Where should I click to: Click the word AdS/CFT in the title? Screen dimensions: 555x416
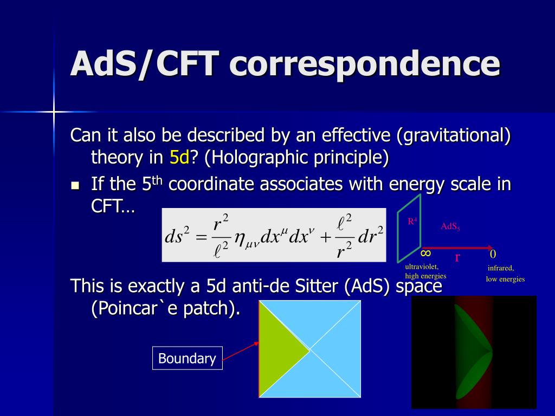click(x=145, y=64)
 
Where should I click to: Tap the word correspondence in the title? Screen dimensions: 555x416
click(x=365, y=64)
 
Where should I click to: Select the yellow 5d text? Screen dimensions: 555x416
click(x=179, y=157)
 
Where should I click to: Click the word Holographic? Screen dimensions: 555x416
click(x=256, y=158)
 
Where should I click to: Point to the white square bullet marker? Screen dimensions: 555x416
click(x=75, y=185)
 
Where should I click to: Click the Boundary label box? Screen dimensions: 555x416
click(x=187, y=358)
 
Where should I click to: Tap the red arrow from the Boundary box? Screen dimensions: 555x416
click(x=241, y=351)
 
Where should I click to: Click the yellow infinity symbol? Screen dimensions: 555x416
click(x=426, y=253)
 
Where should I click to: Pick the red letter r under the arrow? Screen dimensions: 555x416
click(x=457, y=257)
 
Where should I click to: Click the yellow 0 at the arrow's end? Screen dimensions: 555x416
click(x=493, y=254)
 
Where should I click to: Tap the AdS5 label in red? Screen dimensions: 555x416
click(x=450, y=226)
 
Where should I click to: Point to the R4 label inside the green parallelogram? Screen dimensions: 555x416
click(x=412, y=222)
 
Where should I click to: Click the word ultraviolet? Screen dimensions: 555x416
click(x=422, y=266)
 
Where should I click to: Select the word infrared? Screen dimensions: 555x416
click(x=500, y=268)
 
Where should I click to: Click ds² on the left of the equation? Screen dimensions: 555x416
click(x=177, y=236)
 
